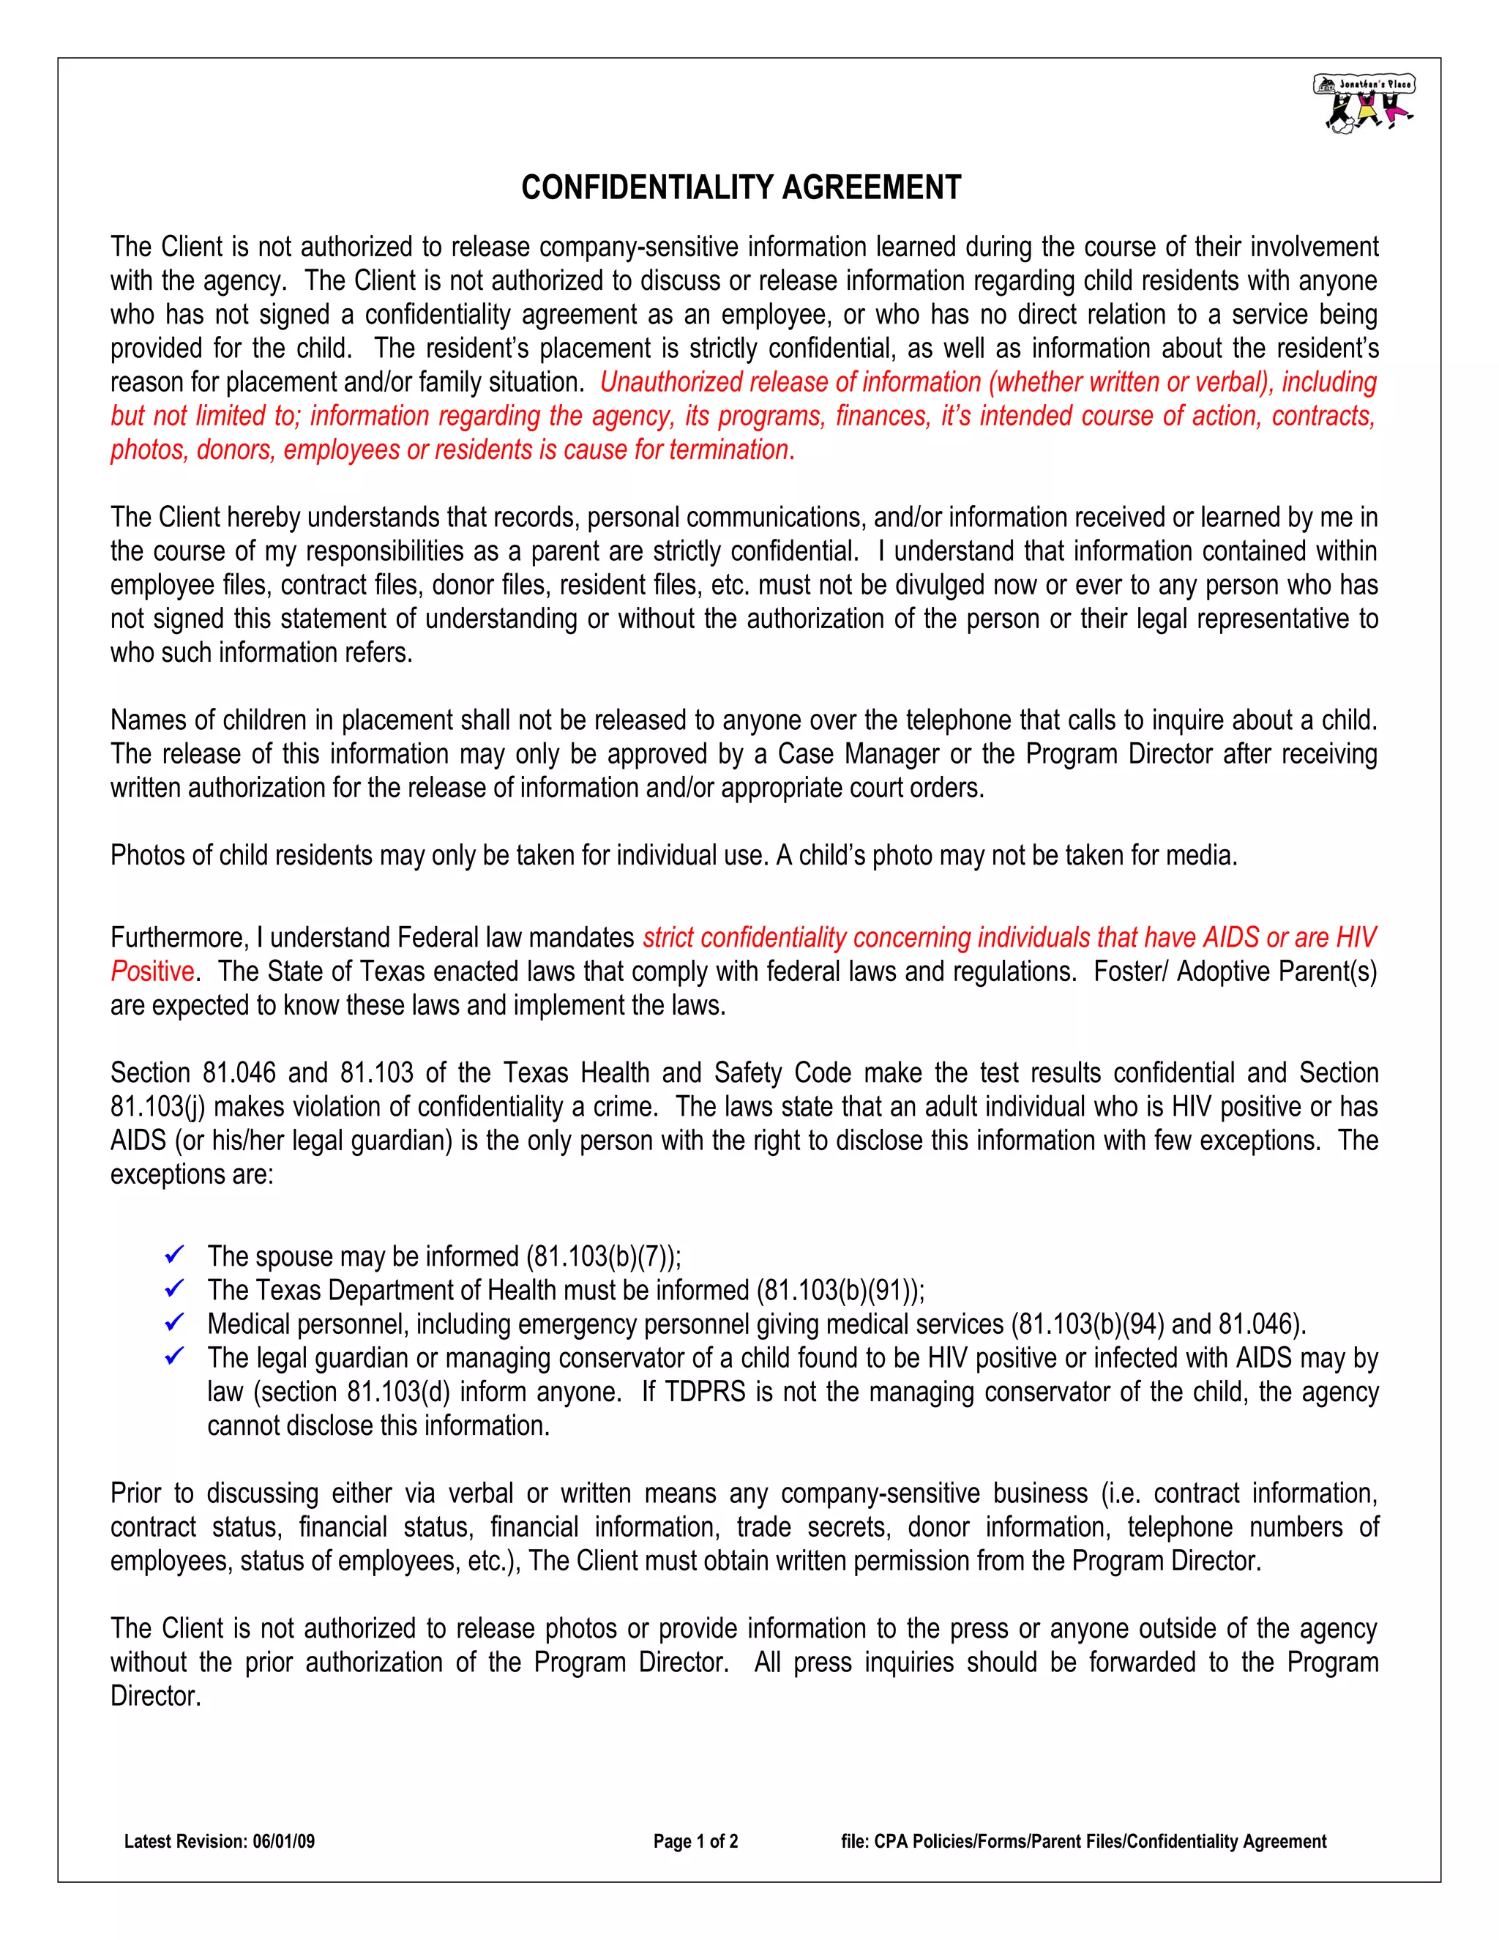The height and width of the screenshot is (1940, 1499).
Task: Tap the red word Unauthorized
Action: (x=672, y=382)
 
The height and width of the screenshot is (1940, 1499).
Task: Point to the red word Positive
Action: (x=152, y=971)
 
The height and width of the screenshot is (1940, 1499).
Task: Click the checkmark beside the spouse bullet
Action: (x=175, y=1255)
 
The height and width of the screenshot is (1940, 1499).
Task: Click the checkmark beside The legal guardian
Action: (x=175, y=1357)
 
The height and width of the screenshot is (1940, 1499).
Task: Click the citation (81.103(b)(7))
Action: (x=603, y=1257)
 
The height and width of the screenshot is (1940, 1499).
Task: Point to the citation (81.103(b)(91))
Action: (x=840, y=1291)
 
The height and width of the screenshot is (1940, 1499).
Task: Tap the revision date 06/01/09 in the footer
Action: (x=283, y=1841)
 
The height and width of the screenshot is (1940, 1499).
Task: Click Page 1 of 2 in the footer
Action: (x=695, y=1841)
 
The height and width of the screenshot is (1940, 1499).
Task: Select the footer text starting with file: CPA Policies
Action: (x=1083, y=1841)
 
